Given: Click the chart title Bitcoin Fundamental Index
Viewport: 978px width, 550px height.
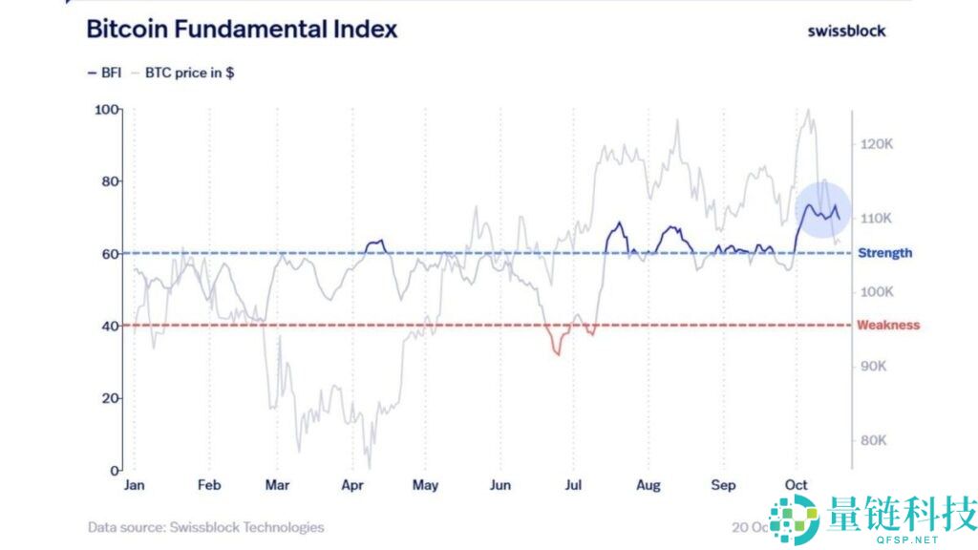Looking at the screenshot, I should tap(242, 29).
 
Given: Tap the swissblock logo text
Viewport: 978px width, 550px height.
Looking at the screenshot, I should tap(846, 31).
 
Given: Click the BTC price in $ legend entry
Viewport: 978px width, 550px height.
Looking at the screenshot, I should tap(189, 73).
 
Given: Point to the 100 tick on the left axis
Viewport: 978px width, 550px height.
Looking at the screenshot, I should tap(107, 110).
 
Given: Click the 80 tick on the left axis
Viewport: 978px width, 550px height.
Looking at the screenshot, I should tap(111, 181).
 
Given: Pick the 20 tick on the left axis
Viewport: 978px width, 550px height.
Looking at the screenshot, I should tap(111, 398).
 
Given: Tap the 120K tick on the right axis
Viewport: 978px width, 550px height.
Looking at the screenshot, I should tap(876, 144).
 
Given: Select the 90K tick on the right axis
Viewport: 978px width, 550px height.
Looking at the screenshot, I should tap(874, 367).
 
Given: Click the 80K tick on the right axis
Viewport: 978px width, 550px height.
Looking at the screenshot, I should tap(874, 441).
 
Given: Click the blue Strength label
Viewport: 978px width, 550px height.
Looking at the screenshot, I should tap(884, 253).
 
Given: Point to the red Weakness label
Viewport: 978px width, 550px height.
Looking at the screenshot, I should tap(888, 326).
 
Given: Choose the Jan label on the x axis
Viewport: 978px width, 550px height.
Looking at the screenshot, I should tap(135, 485).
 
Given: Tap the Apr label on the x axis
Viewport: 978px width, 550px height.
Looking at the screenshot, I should tap(352, 485).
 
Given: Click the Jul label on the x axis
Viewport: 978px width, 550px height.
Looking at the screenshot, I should tap(573, 485).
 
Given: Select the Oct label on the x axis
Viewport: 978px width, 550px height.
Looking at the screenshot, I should tap(796, 485).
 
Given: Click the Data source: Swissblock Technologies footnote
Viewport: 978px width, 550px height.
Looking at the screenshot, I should tap(205, 527).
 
